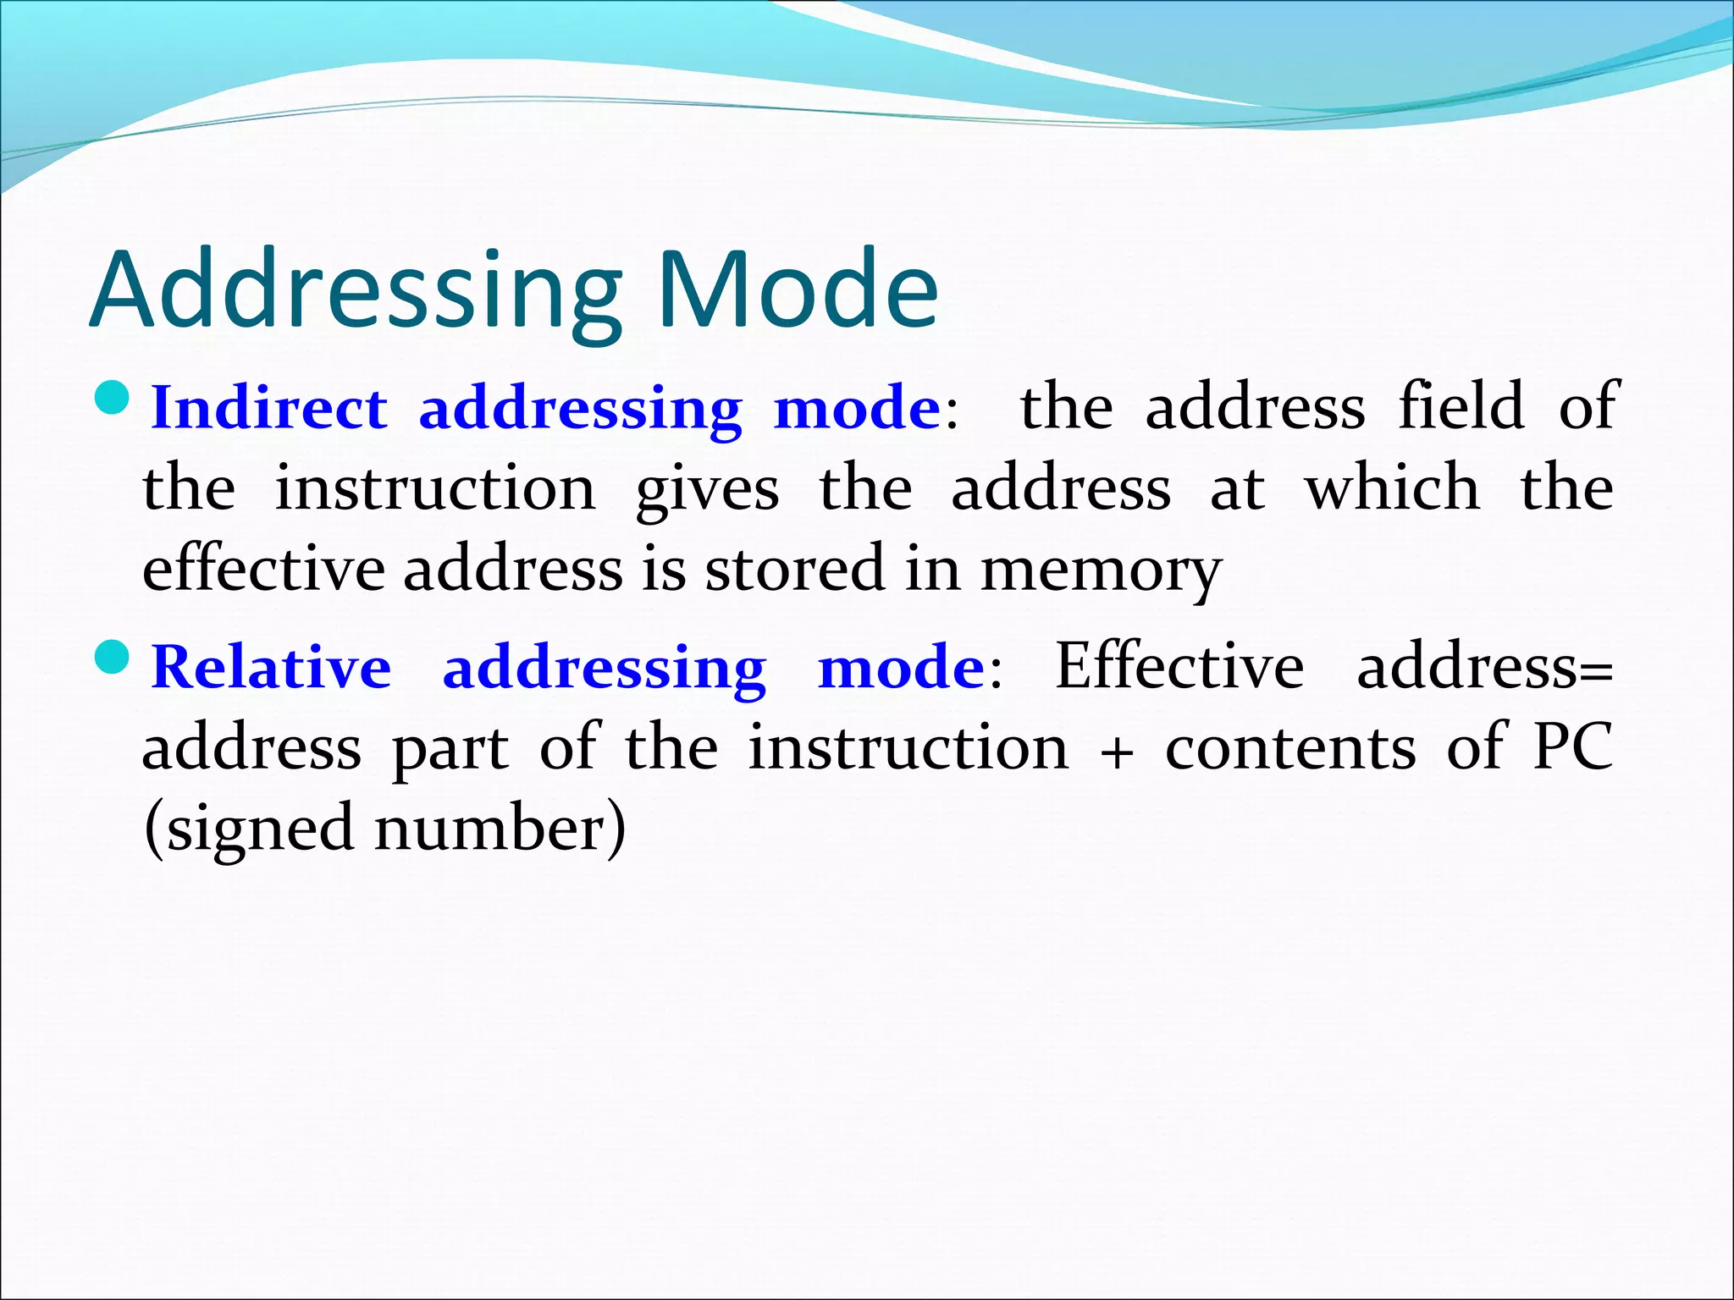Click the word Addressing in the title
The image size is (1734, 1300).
point(356,289)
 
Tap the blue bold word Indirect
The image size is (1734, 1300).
point(268,408)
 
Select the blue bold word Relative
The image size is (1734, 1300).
point(271,667)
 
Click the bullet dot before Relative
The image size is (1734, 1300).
point(111,655)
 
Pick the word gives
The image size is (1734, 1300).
point(707,489)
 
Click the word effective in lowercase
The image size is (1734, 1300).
point(263,569)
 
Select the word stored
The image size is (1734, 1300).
point(795,569)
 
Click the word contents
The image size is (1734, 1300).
point(1290,749)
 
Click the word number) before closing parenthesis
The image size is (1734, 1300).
point(500,828)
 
